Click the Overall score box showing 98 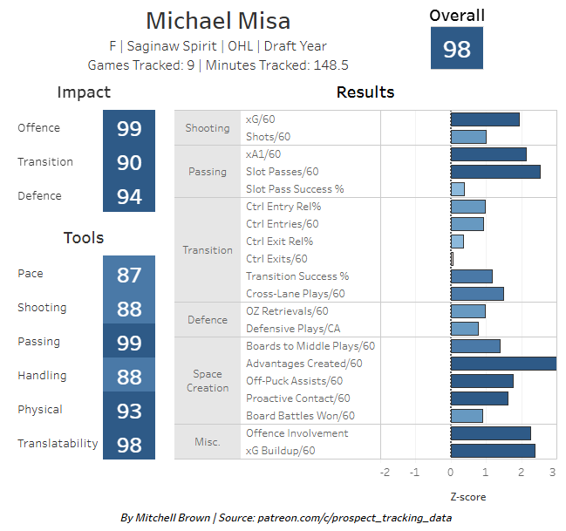pyautogui.click(x=457, y=49)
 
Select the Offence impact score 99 pyautogui.click(x=129, y=128)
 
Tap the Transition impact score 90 pyautogui.click(x=129, y=162)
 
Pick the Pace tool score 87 pyautogui.click(x=129, y=274)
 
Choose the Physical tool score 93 pyautogui.click(x=129, y=410)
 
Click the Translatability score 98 pyautogui.click(x=129, y=444)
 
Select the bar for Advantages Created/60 pyautogui.click(x=503, y=364)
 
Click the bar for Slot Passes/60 pyautogui.click(x=495, y=172)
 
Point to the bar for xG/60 pyautogui.click(x=485, y=119)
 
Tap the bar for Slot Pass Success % pyautogui.click(x=458, y=189)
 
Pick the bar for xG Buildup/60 pyautogui.click(x=493, y=451)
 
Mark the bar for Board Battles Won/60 pyautogui.click(x=467, y=416)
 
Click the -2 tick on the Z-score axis pyautogui.click(x=385, y=473)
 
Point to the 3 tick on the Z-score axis pyautogui.click(x=552, y=473)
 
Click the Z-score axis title pyautogui.click(x=467, y=497)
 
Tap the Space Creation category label pyautogui.click(x=208, y=381)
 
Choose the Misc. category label pyautogui.click(x=208, y=442)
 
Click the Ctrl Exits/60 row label pyautogui.click(x=276, y=259)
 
